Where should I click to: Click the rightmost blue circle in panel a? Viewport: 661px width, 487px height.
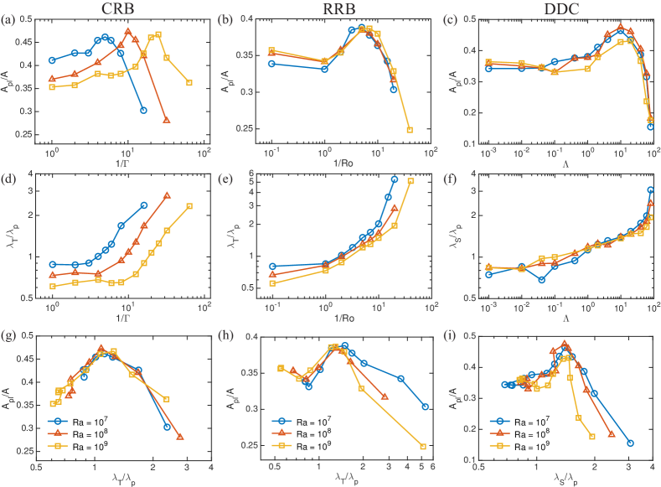(x=143, y=111)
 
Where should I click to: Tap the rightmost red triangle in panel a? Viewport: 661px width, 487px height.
(x=166, y=121)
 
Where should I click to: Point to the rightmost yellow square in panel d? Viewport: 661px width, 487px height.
(x=189, y=206)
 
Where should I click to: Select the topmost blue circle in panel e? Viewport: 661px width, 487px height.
(x=395, y=179)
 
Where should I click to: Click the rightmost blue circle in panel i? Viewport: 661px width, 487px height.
(x=630, y=443)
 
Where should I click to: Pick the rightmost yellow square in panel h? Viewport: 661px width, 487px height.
(x=423, y=447)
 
